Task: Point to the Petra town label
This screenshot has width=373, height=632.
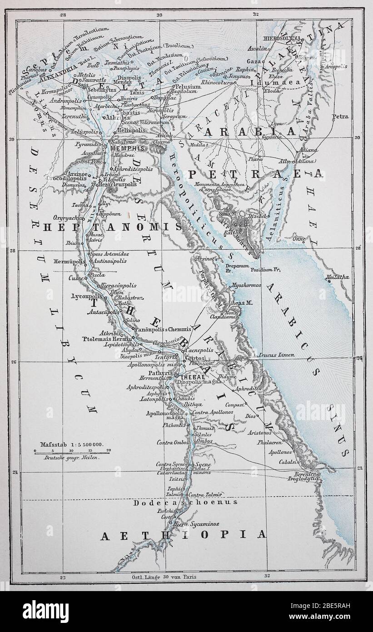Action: (340, 117)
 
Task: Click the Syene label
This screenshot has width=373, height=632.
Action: (201, 464)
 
